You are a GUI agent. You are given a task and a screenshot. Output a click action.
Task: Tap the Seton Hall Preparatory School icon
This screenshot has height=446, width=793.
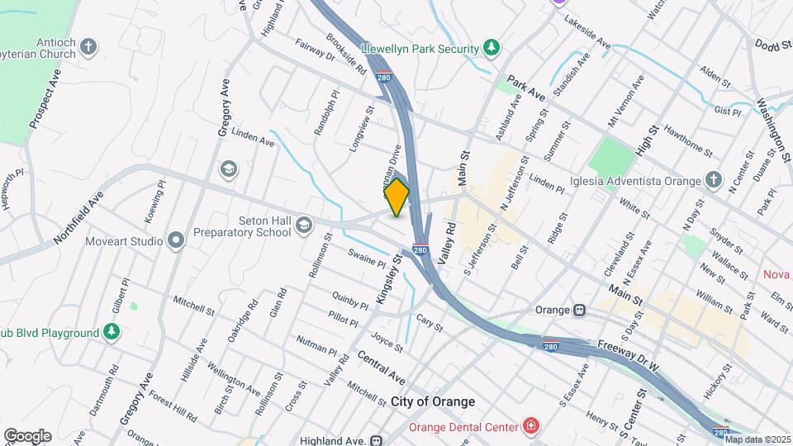[x=304, y=225]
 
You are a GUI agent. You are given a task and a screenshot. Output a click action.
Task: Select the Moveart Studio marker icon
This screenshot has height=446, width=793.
[x=174, y=240]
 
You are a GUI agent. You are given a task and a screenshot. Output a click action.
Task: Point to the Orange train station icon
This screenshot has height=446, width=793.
[x=581, y=311]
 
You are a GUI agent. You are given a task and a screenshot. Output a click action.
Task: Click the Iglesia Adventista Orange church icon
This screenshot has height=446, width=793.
[x=714, y=180]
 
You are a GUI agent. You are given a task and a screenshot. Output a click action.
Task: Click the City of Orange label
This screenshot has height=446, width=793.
[x=433, y=401]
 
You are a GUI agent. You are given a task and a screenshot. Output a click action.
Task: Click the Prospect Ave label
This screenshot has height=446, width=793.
[x=45, y=100]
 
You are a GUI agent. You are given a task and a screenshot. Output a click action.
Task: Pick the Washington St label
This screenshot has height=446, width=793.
[x=772, y=127]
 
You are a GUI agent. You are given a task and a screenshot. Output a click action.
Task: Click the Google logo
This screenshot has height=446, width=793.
[x=27, y=436]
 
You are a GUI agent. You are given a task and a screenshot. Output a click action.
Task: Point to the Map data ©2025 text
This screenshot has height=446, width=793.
[x=757, y=439]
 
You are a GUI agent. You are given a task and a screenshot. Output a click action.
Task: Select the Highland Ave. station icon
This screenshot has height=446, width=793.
[x=377, y=441]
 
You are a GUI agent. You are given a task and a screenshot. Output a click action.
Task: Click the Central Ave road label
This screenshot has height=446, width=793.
[x=381, y=367]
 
